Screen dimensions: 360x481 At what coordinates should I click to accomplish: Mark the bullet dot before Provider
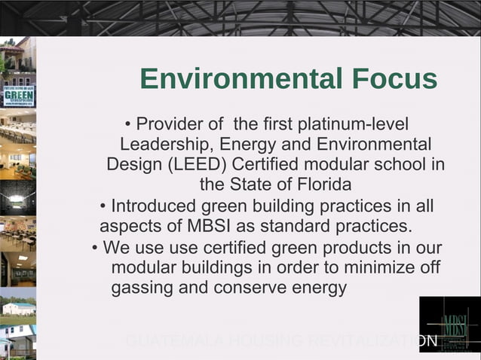click(x=128, y=124)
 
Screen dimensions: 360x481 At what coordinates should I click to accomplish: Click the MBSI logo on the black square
click(x=450, y=325)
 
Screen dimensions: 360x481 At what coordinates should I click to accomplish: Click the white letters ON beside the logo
click(x=427, y=341)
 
